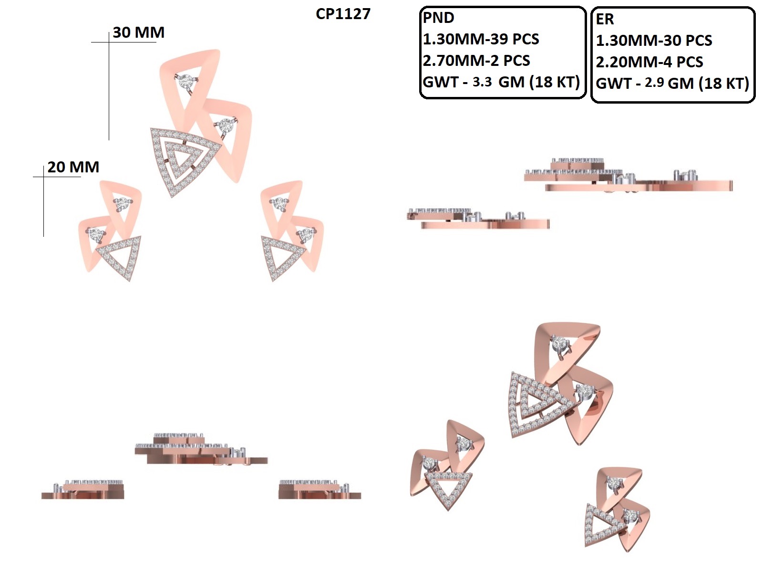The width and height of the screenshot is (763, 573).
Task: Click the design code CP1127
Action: pos(343,14)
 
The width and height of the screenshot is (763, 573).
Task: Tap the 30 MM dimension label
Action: pos(138,32)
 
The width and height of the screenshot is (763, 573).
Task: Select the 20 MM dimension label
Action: pos(73,167)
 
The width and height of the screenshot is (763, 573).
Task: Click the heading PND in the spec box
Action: pos(438,18)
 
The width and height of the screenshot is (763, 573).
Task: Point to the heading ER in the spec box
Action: pos(605,19)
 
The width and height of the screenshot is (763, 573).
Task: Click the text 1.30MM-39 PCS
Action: pos(481,39)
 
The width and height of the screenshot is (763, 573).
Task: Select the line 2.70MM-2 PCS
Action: pos(476,61)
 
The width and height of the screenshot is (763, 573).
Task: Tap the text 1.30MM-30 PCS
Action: pos(654,41)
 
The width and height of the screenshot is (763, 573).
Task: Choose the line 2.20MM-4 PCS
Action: pos(650,62)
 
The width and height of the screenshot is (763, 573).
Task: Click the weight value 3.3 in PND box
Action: pos(482,82)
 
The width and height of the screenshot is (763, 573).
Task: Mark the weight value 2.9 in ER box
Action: pos(654,83)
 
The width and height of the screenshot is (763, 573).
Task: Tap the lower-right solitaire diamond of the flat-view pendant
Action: pos(226,125)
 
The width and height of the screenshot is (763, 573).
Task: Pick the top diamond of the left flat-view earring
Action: pos(122,203)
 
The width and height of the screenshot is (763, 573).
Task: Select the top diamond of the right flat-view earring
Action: pos(279,203)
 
